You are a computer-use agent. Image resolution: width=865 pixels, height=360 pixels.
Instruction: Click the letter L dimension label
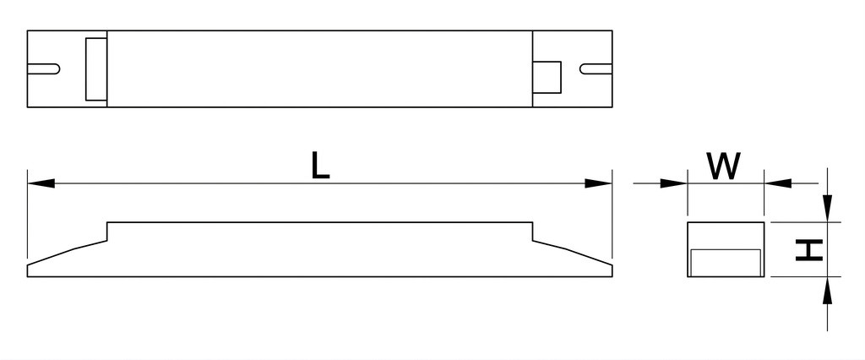pyautogui.click(x=320, y=166)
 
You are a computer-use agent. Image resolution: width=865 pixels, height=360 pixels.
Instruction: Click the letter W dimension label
pyautogui.click(x=725, y=166)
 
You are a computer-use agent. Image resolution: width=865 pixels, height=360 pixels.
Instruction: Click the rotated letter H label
pyautogui.click(x=809, y=250)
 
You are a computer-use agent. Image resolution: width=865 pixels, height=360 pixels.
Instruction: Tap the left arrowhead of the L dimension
pyautogui.click(x=41, y=183)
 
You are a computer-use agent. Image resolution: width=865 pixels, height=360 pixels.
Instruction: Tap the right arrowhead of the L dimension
pyautogui.click(x=599, y=183)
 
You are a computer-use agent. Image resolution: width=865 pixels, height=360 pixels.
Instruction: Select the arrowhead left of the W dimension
pyautogui.click(x=673, y=183)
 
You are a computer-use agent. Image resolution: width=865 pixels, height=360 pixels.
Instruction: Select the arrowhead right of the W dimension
pyautogui.click(x=778, y=183)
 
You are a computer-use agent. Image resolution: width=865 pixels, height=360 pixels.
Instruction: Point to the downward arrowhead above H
pyautogui.click(x=827, y=208)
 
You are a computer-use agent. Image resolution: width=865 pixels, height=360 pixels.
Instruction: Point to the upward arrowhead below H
pyautogui.click(x=827, y=291)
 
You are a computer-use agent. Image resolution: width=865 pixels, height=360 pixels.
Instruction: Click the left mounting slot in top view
pyautogui.click(x=44, y=69)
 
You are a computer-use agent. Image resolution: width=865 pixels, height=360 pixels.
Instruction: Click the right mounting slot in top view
pyautogui.click(x=596, y=69)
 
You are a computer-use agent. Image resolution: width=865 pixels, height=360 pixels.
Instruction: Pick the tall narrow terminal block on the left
pyautogui.click(x=96, y=69)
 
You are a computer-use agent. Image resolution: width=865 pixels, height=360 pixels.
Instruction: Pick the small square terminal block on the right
pyautogui.click(x=547, y=77)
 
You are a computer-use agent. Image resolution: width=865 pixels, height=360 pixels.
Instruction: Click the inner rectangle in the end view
pyautogui.click(x=726, y=263)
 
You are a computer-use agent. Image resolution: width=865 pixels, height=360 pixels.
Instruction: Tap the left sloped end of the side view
pyautogui.click(x=67, y=259)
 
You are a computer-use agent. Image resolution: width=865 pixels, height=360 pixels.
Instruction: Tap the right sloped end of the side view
pyautogui.click(x=573, y=259)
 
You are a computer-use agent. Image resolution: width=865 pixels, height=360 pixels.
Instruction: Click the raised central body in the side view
pyautogui.click(x=320, y=248)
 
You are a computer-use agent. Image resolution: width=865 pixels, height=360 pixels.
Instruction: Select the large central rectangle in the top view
pyautogui.click(x=320, y=69)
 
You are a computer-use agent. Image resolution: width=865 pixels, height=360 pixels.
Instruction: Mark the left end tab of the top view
pyautogui.click(x=67, y=69)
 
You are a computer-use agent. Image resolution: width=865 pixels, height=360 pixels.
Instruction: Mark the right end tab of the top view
pyautogui.click(x=573, y=69)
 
